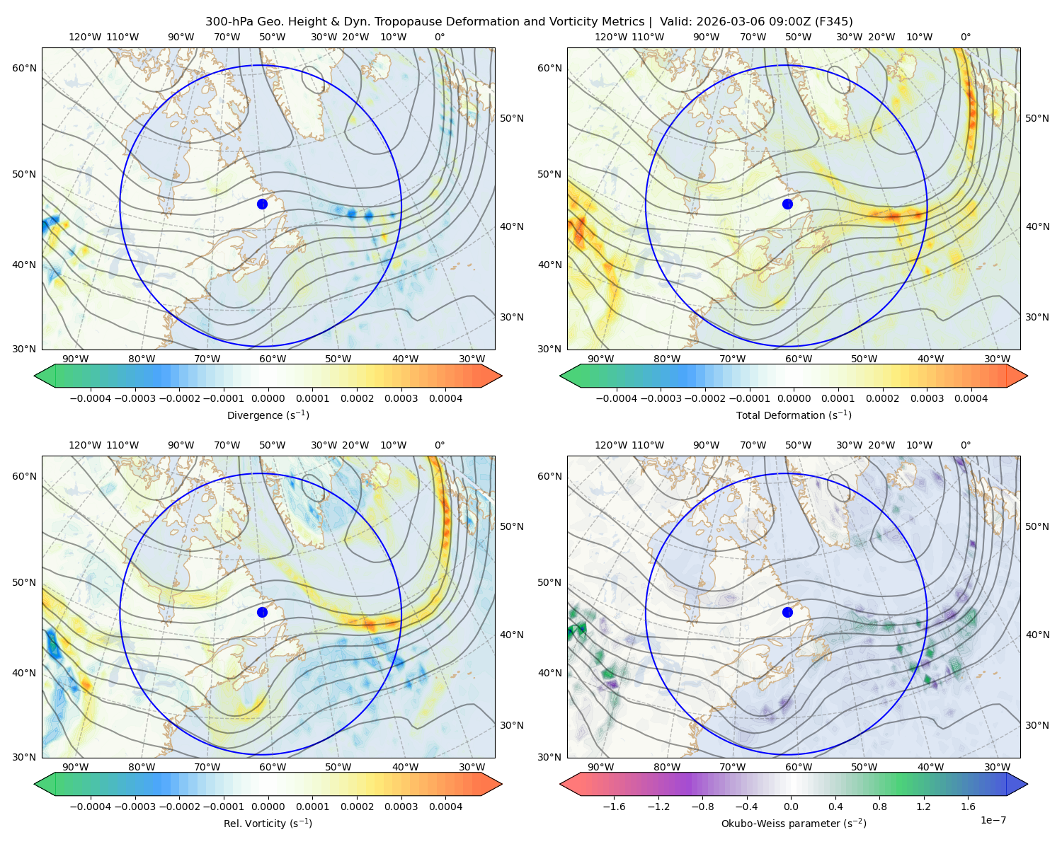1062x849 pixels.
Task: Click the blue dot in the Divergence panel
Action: click(262, 204)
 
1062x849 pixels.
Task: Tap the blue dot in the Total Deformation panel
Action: click(787, 204)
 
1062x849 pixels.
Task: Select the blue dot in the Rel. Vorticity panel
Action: click(262, 612)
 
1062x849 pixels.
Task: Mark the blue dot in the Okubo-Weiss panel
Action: click(787, 612)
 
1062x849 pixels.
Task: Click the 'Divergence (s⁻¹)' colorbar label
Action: click(268, 415)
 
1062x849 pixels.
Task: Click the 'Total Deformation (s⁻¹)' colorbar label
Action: click(794, 415)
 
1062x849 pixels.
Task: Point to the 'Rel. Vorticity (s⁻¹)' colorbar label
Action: click(268, 823)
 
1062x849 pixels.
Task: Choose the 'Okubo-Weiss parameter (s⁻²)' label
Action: click(794, 823)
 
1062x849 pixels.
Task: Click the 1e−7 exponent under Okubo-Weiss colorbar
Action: click(993, 820)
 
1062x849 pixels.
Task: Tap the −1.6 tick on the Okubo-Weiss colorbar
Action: click(614, 806)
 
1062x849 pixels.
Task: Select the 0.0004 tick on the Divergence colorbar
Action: click(445, 398)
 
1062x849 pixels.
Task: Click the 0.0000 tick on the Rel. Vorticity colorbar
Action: click(268, 806)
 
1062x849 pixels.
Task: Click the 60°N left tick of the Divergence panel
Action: click(24, 68)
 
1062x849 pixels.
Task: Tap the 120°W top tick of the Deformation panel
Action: click(610, 37)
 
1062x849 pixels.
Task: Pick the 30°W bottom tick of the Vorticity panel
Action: click(472, 767)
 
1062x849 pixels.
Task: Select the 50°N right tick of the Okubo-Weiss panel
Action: click(1037, 526)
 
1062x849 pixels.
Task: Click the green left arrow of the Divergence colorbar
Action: click(45, 376)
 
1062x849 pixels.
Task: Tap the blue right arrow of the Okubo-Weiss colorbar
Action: click(1017, 784)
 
